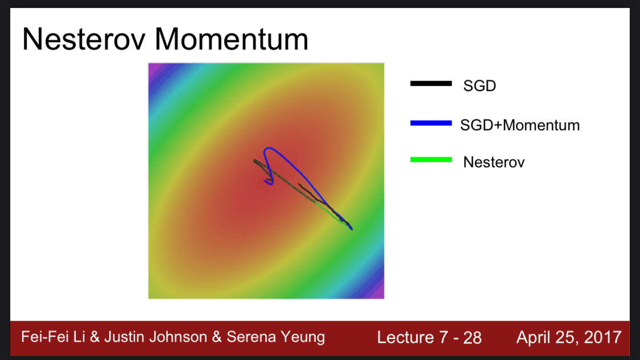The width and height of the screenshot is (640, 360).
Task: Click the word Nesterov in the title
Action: coord(84,39)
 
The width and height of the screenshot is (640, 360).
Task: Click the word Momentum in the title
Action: coord(232,39)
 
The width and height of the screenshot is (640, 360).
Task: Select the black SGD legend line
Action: coord(431,83)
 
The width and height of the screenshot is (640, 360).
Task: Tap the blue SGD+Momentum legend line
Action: coord(431,123)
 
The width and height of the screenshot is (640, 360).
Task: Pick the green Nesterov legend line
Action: coord(431,160)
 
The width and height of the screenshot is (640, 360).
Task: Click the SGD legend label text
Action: coord(480,86)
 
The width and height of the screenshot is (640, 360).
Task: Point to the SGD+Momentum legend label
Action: coord(519,125)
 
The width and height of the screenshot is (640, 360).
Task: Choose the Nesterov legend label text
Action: coord(494,162)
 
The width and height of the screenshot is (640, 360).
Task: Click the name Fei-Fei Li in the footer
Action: coord(53,337)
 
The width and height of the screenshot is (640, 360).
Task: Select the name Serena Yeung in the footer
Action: coord(275,337)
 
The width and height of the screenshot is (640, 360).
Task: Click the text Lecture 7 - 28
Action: coord(429,338)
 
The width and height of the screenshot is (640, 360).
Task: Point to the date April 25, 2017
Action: coord(569,338)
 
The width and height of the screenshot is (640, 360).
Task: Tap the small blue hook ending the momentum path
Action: coord(269,182)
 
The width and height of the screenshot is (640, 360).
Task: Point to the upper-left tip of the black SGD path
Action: coord(254,161)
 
